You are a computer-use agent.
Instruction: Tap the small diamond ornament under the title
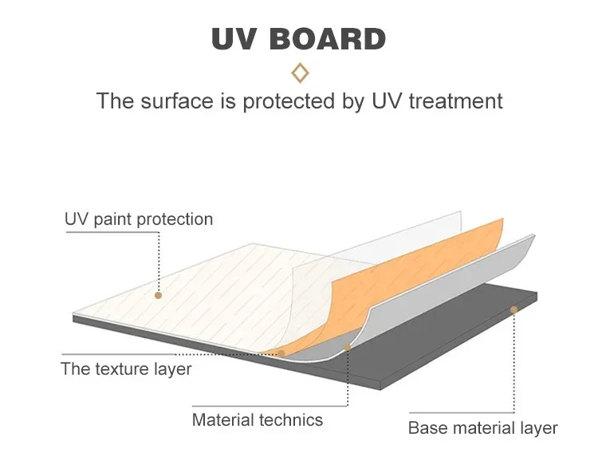point(300,73)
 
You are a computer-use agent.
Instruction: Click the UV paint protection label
point(139,219)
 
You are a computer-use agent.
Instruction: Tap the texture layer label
point(126,369)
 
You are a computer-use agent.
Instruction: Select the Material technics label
point(258,419)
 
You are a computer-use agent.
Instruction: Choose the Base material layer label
point(482,428)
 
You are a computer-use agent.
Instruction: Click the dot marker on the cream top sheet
point(159,295)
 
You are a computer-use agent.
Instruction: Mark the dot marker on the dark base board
point(514,309)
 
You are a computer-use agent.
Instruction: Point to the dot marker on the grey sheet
point(348,347)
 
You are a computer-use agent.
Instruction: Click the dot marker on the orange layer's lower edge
point(281,353)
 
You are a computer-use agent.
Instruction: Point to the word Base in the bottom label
point(427,428)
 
